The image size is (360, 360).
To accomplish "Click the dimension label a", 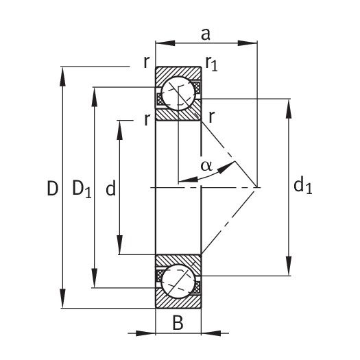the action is point(206,35).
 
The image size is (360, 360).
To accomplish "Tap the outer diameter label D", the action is point(53,189).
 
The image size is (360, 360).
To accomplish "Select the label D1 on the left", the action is point(82,189).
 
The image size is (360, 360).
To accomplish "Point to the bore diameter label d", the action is point(110,188).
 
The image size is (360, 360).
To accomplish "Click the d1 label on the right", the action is point(303,186).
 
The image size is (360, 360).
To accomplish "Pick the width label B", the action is point(178,322).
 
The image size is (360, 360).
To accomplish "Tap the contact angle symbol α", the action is point(206,165).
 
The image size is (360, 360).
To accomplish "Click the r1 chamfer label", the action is point(211,63).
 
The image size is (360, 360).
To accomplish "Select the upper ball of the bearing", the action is point(178,93).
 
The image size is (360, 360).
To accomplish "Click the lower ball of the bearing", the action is point(178,281).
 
